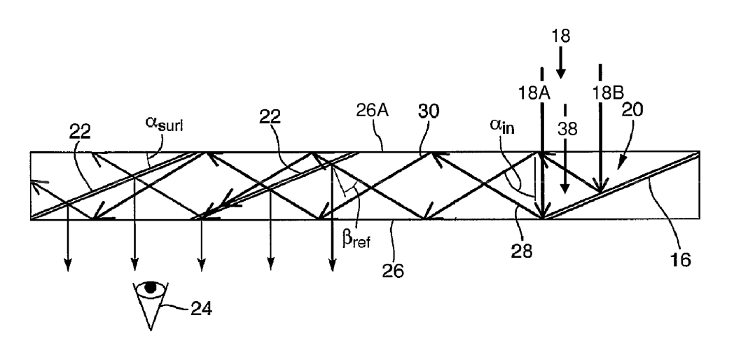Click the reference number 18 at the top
pos(561,36)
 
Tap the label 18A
pos(534,93)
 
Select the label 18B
pos(607,92)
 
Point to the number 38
pos(567,129)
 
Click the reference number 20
pos(632,109)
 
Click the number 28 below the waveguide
pos(522,251)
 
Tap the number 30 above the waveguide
pos(429,112)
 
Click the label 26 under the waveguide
pos(393,270)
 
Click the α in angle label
pos(501,125)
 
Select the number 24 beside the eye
pos(201,309)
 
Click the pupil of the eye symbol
pos(151,287)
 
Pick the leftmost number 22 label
pos(80,132)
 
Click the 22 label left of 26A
pos(270,116)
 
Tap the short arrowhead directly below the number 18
pos(561,74)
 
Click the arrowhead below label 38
pos(565,187)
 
